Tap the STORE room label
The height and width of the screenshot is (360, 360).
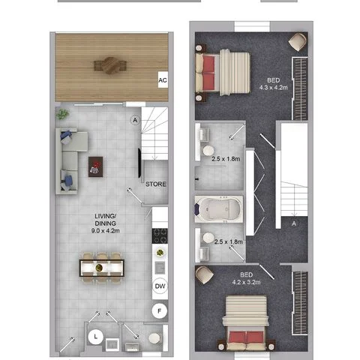(155, 184)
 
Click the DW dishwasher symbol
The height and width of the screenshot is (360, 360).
(160, 286)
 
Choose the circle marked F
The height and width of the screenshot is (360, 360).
(160, 310)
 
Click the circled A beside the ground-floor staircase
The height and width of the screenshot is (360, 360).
(135, 118)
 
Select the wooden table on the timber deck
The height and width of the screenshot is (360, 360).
(110, 64)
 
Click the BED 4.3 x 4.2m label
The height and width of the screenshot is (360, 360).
(274, 82)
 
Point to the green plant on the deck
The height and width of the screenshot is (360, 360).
(63, 113)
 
